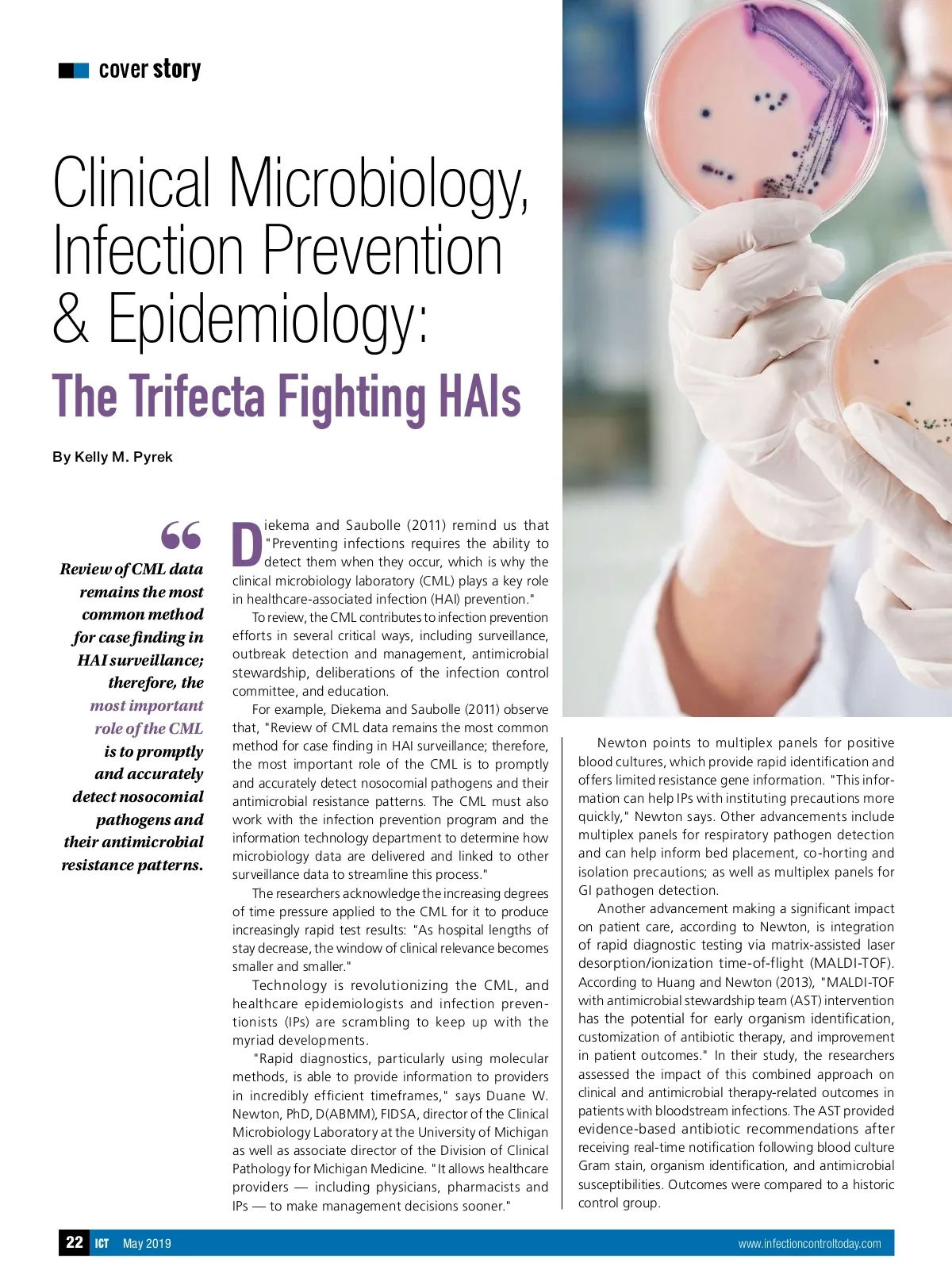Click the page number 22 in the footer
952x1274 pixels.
pyautogui.click(x=75, y=1242)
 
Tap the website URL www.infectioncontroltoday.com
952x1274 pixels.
pyautogui.click(x=809, y=1244)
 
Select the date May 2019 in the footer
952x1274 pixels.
pyautogui.click(x=147, y=1244)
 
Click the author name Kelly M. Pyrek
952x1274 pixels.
pyautogui.click(x=123, y=457)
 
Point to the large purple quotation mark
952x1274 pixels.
pyautogui.click(x=181, y=535)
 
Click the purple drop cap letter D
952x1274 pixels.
pyautogui.click(x=247, y=544)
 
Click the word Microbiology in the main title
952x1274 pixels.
pyautogui.click(x=379, y=183)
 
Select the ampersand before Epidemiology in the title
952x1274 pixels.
pyautogui.click(x=71, y=317)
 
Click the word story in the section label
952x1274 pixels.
pyautogui.click(x=177, y=69)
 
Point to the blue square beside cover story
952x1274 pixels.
pyautogui.click(x=81, y=71)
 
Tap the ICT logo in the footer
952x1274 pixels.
pyautogui.click(x=102, y=1244)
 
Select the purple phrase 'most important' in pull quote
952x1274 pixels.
pyautogui.click(x=147, y=705)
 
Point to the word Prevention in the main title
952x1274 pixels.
pyautogui.click(x=382, y=250)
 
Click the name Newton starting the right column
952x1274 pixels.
pyautogui.click(x=622, y=743)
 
